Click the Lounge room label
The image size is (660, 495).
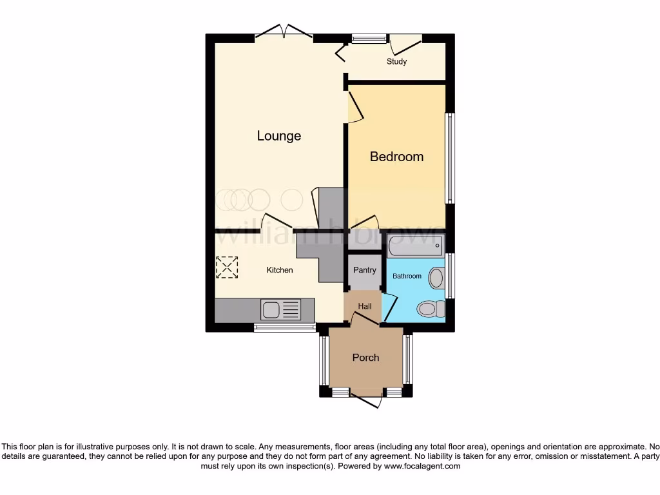tap(279, 136)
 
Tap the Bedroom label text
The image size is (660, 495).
tap(396, 157)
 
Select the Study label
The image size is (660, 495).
tap(397, 62)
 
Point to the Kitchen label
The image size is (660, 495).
tap(280, 270)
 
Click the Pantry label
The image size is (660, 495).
tap(364, 270)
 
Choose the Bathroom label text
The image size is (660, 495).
tap(407, 276)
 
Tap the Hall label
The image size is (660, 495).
tap(365, 306)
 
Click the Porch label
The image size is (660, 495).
tap(365, 358)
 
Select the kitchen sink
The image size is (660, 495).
tap(280, 310)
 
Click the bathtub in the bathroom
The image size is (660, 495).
tap(416, 245)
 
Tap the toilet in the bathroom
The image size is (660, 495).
tap(431, 309)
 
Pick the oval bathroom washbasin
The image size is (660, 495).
tap(436, 278)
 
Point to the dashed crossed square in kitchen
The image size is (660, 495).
tap(226, 267)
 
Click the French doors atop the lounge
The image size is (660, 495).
tap(284, 32)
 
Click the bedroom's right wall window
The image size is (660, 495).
tap(451, 159)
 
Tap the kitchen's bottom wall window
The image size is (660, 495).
tap(284, 327)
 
